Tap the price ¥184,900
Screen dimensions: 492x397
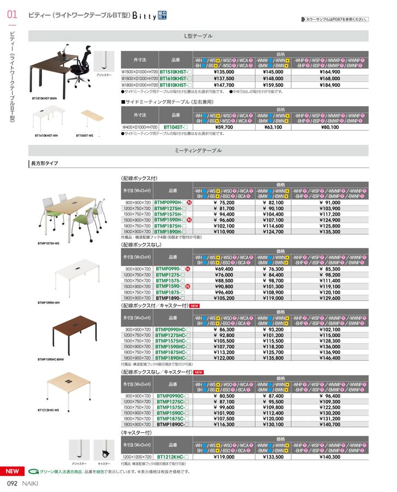tap(329, 85)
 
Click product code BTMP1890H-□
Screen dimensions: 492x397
tap(171, 231)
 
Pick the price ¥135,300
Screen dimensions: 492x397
tap(329, 231)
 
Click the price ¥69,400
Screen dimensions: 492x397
tap(224, 269)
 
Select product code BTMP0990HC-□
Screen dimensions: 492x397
tap(172, 330)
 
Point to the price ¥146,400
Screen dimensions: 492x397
tap(329, 358)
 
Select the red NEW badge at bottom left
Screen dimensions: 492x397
tap(12, 471)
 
